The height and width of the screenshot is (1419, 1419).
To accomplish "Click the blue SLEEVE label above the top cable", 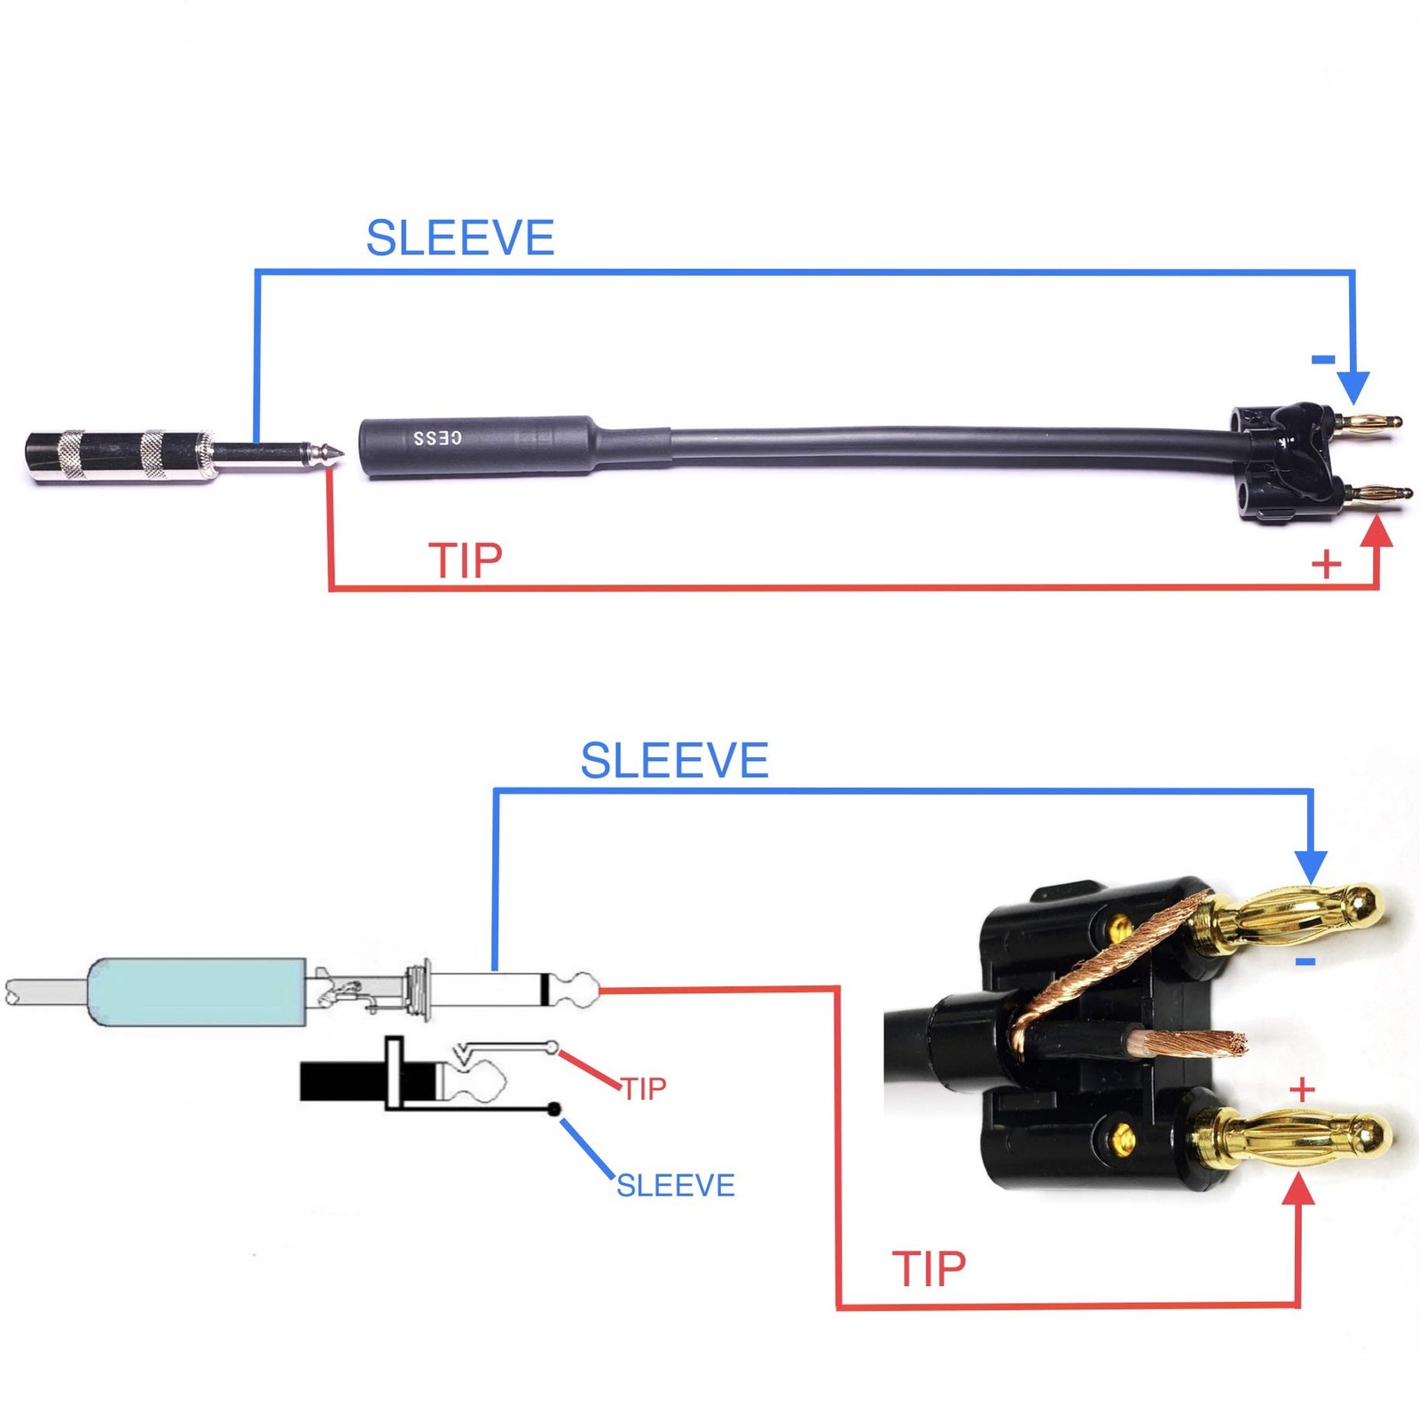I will click(460, 238).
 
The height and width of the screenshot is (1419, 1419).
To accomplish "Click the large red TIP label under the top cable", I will click(466, 561).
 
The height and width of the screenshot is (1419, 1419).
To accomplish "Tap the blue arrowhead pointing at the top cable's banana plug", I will click(1352, 387).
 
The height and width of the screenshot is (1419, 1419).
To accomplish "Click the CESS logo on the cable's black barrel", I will click(437, 438).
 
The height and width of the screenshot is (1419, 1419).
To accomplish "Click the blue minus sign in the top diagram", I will click(1323, 359).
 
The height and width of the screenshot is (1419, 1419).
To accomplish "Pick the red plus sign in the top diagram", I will click(1326, 564).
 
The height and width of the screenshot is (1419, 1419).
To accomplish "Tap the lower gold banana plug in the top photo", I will click(1375, 493).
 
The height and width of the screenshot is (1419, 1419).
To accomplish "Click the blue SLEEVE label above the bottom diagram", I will click(674, 760).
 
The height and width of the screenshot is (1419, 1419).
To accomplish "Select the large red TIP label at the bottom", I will click(929, 1269).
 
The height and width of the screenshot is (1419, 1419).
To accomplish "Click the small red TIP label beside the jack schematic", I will click(643, 1088).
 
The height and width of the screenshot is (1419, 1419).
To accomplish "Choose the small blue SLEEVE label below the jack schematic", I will click(676, 1185).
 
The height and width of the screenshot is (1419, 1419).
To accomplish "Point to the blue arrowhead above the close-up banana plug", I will click(1311, 864).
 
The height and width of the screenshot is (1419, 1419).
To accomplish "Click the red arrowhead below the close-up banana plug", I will click(1299, 1188).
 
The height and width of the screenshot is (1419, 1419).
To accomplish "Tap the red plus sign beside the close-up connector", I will click(1302, 1089).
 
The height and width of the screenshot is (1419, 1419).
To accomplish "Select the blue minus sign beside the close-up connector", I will click(1305, 962).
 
